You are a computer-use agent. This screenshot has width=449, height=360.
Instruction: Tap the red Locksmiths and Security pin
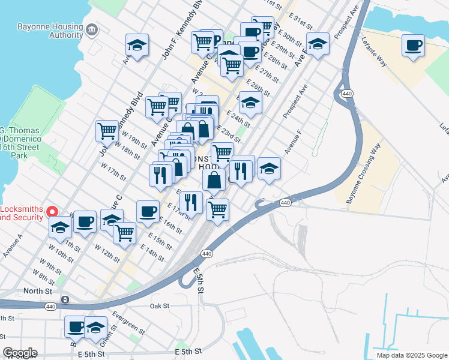coord(52,211)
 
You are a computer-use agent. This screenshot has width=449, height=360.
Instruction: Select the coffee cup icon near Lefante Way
coord(413,46)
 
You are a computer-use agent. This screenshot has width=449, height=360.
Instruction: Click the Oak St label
coord(160,305)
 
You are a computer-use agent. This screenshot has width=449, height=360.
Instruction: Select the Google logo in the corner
coord(20,353)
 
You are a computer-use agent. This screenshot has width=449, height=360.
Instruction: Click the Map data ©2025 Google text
coord(411,355)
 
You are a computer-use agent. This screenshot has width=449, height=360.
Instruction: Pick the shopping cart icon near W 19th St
coord(107,130)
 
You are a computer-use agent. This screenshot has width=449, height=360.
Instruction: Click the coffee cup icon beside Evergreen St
coord(76,327)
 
